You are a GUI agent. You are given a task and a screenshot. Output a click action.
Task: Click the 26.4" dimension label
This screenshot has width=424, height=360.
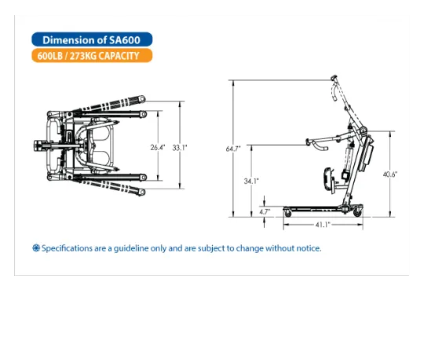point(158,148)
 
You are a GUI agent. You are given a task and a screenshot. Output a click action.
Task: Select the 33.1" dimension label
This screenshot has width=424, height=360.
point(180,148)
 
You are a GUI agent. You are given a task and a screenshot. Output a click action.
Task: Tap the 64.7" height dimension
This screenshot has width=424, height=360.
point(233,149)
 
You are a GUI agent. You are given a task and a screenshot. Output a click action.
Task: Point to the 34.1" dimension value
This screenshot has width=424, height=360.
point(251,181)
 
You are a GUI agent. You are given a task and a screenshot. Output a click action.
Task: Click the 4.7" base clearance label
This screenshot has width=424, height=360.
point(265,211)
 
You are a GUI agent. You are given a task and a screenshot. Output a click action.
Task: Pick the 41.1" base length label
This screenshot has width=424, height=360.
point(323,225)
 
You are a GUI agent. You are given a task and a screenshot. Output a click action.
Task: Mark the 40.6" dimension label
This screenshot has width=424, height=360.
point(390,174)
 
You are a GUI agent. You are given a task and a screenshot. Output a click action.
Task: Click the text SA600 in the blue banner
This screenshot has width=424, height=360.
point(125,40)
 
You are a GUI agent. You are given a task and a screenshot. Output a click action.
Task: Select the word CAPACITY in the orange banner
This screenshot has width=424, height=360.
point(119,56)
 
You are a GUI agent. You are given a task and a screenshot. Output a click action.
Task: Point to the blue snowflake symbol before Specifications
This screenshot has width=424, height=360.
point(36,248)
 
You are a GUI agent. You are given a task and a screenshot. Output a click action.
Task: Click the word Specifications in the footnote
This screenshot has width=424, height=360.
point(67,248)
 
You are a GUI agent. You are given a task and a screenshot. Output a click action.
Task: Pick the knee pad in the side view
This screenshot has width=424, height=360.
point(327,180)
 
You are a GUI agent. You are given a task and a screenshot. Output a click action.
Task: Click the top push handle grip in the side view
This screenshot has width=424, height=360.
point(334,78)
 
